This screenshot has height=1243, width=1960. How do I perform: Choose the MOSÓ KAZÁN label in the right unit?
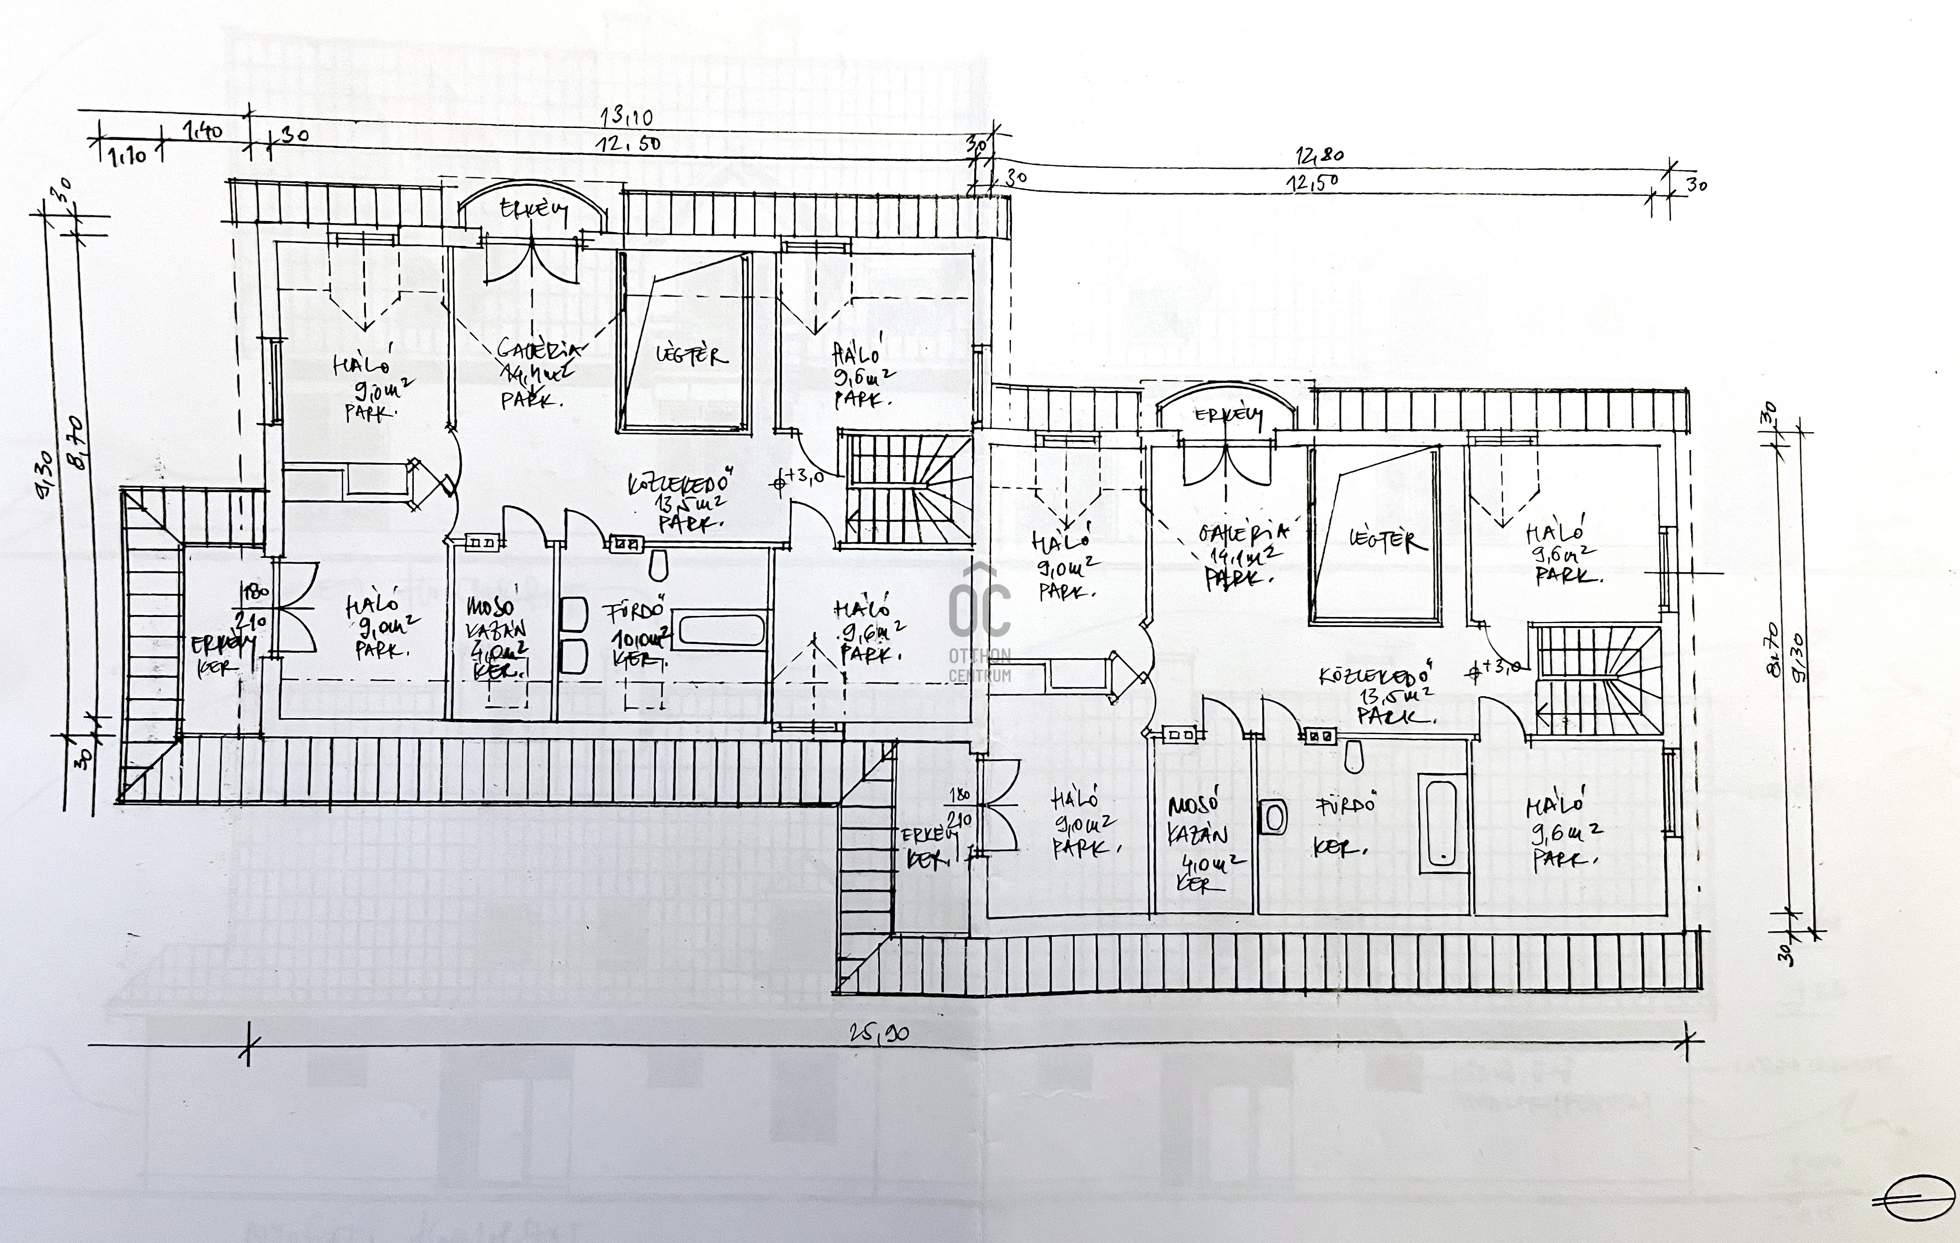[1197, 834]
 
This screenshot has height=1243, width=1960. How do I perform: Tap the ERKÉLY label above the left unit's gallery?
[533, 210]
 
